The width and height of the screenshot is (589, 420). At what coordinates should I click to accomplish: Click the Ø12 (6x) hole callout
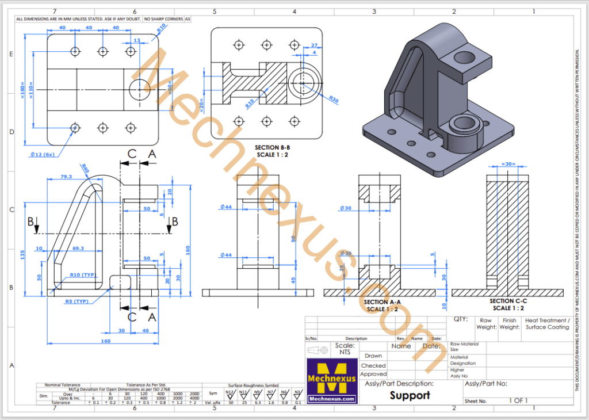(43, 154)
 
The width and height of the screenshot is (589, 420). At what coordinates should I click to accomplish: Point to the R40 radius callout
(85, 169)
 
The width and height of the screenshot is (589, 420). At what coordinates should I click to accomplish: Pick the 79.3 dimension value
(66, 177)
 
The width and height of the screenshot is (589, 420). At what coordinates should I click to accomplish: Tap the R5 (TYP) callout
(76, 301)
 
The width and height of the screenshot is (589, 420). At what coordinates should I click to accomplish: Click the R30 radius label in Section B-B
(334, 98)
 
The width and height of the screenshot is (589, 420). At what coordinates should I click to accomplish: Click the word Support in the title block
(410, 395)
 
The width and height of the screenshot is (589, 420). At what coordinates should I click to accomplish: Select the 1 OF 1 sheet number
(518, 400)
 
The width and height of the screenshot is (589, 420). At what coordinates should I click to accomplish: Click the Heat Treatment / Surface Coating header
(547, 323)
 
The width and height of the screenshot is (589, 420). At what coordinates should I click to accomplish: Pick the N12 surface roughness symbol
(230, 394)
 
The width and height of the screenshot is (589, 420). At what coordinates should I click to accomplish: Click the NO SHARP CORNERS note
(163, 19)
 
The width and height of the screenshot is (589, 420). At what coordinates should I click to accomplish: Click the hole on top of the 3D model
(464, 57)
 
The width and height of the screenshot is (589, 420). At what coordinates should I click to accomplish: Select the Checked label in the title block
(373, 365)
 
